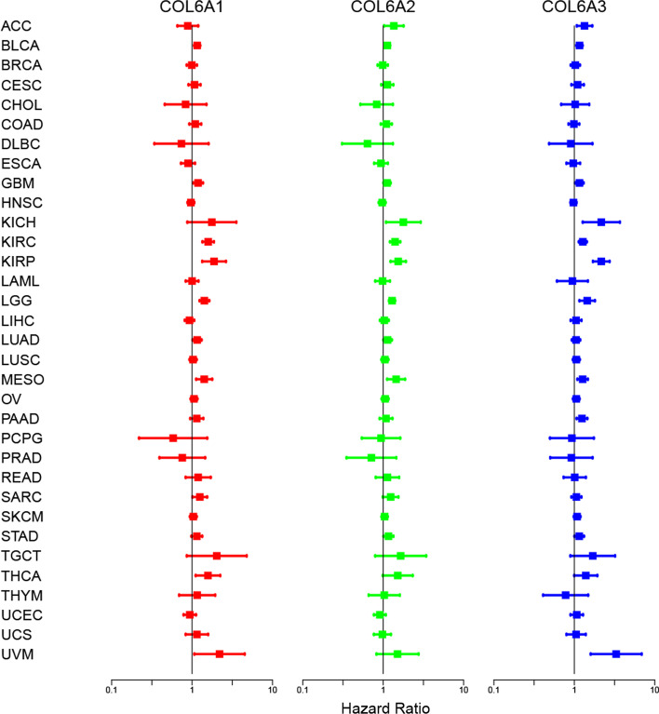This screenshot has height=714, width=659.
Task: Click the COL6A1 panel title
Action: [x=191, y=8]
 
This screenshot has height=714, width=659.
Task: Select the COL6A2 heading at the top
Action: [x=383, y=8]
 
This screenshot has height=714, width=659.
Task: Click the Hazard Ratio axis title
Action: [x=383, y=707]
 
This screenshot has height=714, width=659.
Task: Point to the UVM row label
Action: [x=17, y=654]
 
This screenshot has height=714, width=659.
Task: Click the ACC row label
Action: [x=16, y=26]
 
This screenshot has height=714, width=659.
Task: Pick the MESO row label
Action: [x=21, y=380]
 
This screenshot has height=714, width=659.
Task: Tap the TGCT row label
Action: [x=20, y=556]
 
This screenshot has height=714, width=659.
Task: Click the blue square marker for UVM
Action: [x=616, y=654]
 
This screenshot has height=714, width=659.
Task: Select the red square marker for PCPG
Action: [x=173, y=438]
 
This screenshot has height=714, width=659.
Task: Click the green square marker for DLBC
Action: [x=368, y=144]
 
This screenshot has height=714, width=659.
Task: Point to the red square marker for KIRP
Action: [x=214, y=262]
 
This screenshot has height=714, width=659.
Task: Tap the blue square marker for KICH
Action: [x=601, y=222]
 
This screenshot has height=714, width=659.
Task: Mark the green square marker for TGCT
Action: [x=401, y=556]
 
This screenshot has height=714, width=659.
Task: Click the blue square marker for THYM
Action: [x=565, y=595]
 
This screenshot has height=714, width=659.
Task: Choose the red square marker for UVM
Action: [x=220, y=654]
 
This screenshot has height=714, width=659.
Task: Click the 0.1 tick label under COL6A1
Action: [x=112, y=689]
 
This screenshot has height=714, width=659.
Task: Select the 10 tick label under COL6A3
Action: [x=654, y=689]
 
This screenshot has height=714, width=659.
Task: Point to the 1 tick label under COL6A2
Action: [x=383, y=689]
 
